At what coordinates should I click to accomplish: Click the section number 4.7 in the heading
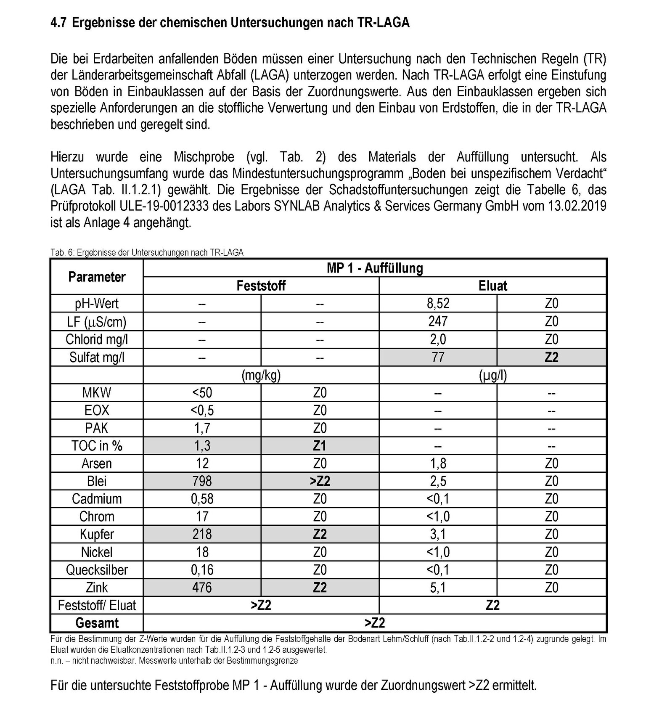pyautogui.click(x=58, y=22)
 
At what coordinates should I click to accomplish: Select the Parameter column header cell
pyautogui.click(x=97, y=277)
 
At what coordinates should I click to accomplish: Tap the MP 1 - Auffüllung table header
pyautogui.click(x=374, y=268)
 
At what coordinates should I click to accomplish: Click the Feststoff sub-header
pyautogui.click(x=261, y=286)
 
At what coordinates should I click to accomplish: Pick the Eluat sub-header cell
pyautogui.click(x=492, y=286)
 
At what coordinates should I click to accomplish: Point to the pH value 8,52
pyautogui.click(x=438, y=303)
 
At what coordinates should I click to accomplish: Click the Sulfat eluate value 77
pyautogui.click(x=438, y=357)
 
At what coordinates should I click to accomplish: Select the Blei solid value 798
pyautogui.click(x=202, y=481)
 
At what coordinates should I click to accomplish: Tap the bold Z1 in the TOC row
pyautogui.click(x=320, y=445)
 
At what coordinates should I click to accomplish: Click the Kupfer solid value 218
pyautogui.click(x=202, y=534)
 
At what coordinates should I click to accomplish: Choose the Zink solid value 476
pyautogui.click(x=202, y=587)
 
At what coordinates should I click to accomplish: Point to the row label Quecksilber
pyautogui.click(x=97, y=569)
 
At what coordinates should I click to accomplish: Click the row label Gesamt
pyautogui.click(x=97, y=623)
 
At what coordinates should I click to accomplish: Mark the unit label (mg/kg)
pyautogui.click(x=261, y=375)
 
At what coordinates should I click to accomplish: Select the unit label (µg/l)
pyautogui.click(x=492, y=375)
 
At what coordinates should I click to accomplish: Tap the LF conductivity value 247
pyautogui.click(x=438, y=321)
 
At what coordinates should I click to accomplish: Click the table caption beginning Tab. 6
pyautogui.click(x=147, y=252)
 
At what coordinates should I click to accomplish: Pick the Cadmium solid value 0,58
pyautogui.click(x=202, y=499)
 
